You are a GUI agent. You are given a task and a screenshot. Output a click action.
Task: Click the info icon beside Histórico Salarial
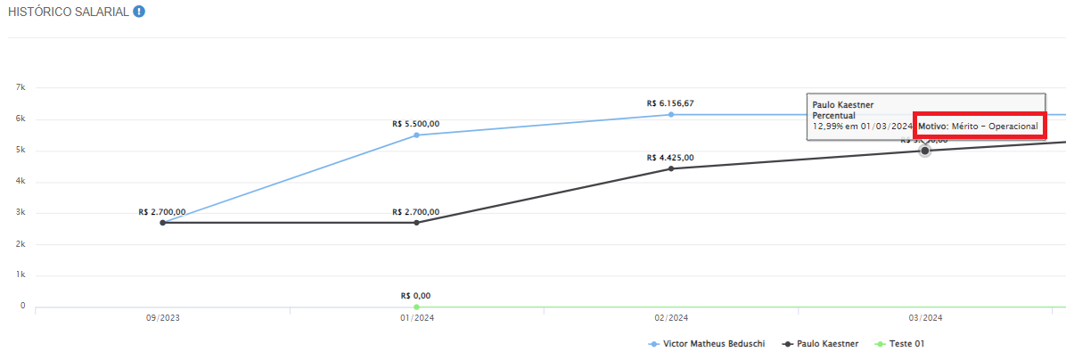[139, 12]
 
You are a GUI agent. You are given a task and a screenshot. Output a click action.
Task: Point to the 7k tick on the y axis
[21, 88]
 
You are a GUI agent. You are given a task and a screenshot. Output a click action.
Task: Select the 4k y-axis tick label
[21, 182]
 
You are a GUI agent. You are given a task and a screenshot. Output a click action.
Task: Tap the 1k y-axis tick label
[21, 275]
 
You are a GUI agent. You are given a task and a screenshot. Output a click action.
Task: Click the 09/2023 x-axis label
[162, 318]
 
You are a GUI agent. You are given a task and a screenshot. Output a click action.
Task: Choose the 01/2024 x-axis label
[416, 318]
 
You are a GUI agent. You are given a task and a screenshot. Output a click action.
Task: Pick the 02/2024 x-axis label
[671, 318]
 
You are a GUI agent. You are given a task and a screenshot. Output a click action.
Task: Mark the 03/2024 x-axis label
[925, 318]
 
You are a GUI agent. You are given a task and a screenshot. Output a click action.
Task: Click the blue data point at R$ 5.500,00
[416, 135]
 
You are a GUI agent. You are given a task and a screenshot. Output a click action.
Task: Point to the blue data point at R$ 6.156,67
[671, 114]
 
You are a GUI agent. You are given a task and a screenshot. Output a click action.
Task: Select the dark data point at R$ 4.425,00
[671, 168]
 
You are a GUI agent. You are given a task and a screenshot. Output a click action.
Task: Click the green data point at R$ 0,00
[416, 307]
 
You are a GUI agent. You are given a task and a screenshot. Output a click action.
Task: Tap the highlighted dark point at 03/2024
[925, 151]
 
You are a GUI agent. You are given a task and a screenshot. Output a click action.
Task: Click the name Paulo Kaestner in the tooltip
[842, 105]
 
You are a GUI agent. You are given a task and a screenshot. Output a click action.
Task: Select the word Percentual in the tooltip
[833, 116]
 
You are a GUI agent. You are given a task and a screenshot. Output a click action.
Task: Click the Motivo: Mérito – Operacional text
[978, 127]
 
